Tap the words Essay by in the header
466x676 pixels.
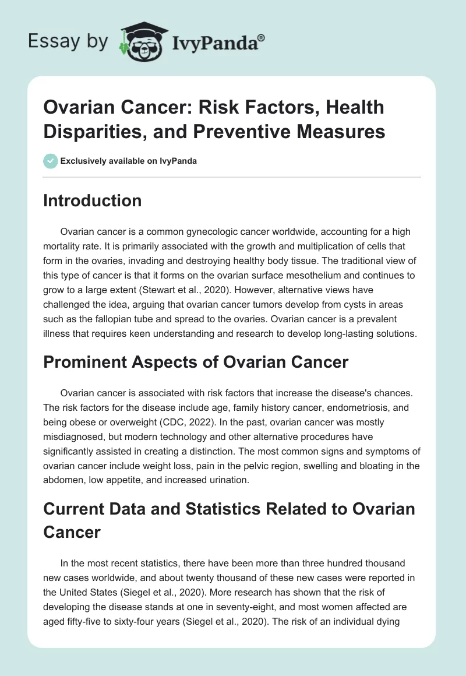pos(68,41)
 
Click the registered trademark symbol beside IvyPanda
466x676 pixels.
pos(262,38)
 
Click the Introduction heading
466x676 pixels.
pos(93,201)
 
